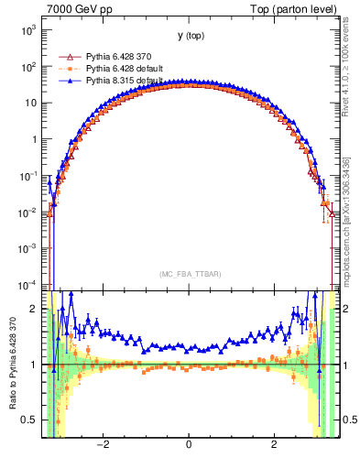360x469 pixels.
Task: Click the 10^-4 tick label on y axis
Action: click(28, 284)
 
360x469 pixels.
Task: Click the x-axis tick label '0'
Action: click(189, 444)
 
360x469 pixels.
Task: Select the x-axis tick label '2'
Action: click(274, 444)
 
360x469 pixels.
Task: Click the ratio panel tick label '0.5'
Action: click(30, 420)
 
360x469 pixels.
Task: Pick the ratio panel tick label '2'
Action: click(34, 309)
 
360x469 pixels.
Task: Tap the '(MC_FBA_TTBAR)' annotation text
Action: click(189, 274)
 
